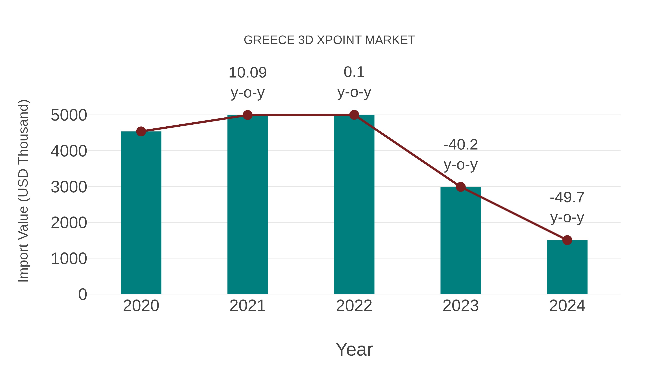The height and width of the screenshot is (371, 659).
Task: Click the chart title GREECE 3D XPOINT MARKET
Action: tap(329, 40)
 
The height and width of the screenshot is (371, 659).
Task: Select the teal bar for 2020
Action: tap(141, 213)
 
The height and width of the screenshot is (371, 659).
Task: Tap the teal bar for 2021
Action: tap(247, 205)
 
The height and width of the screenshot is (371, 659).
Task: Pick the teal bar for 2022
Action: tap(354, 205)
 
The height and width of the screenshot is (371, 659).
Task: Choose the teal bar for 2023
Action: tap(461, 241)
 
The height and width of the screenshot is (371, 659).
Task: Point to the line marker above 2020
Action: tap(141, 132)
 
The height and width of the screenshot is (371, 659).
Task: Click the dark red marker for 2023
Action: tap(461, 187)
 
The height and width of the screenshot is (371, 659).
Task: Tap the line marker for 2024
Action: tap(567, 240)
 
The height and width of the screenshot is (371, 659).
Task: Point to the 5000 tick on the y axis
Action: tap(69, 115)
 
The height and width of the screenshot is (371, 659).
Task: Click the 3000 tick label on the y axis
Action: tap(69, 187)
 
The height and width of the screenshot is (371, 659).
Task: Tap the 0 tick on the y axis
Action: tap(83, 294)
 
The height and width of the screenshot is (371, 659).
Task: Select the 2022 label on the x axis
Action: tap(354, 306)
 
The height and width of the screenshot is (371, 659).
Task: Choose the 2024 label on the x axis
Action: tap(567, 306)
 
